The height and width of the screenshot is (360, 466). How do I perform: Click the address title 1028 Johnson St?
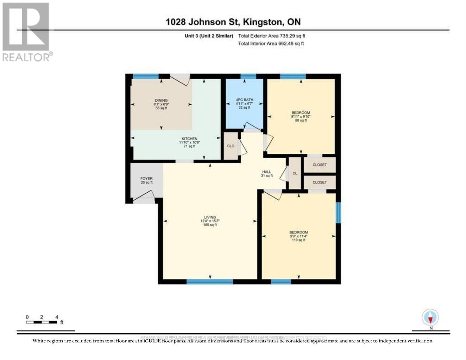tap(233, 22)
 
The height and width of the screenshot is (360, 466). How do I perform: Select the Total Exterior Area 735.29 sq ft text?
tap(271, 36)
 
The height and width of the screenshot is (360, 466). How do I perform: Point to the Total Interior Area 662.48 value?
tap(271, 44)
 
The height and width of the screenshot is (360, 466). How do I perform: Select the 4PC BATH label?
tap(244, 103)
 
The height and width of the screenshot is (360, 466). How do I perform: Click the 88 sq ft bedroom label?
tap(301, 116)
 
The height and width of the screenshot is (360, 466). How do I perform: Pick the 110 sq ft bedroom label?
tap(298, 236)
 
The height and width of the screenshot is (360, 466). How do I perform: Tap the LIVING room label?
tap(210, 221)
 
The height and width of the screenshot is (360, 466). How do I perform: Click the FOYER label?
tap(146, 180)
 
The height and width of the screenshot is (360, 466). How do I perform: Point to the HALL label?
tap(266, 174)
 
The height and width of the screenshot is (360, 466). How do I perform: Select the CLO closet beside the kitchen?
tap(231, 146)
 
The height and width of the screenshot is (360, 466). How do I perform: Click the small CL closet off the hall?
tap(295, 173)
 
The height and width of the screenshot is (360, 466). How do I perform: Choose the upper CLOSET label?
tap(320, 165)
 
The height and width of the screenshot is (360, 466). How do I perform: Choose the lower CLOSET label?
tap(320, 182)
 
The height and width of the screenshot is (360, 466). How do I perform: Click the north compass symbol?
tap(430, 318)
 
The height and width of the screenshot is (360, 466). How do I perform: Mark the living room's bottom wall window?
tap(210, 281)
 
